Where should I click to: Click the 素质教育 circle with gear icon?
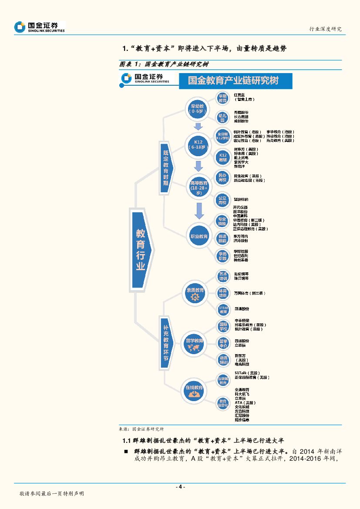195,293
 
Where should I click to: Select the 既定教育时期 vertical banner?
166,168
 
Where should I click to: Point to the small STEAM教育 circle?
223,310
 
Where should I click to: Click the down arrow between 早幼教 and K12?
199,127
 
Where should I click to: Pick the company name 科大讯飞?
242,394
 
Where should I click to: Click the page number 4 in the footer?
180,487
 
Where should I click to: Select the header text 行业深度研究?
325,29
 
